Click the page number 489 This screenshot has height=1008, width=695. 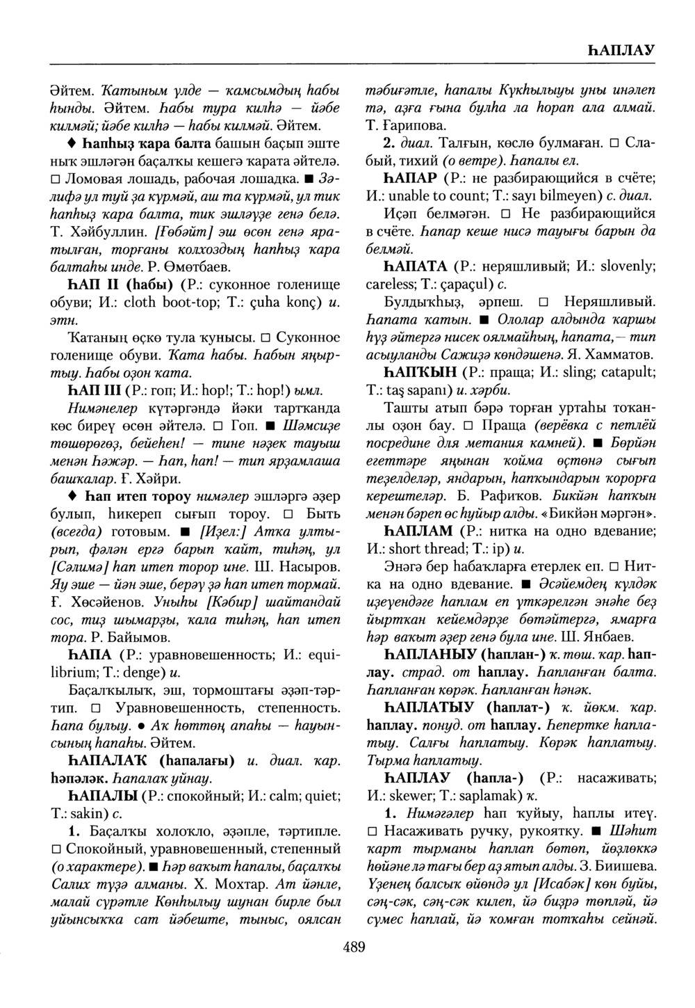click(x=354, y=947)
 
